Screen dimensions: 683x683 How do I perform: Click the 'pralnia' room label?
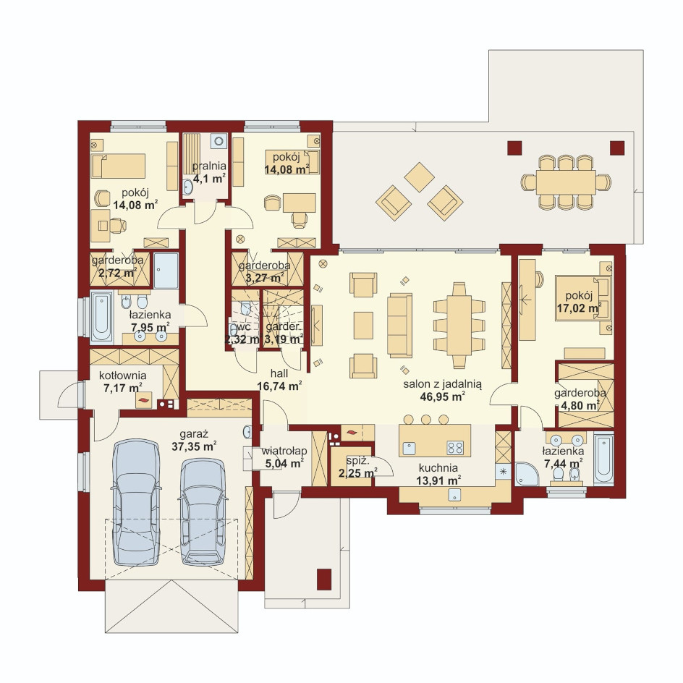[x=209, y=166]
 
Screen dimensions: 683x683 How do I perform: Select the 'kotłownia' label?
[x=122, y=376]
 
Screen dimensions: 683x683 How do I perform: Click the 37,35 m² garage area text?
[x=195, y=446]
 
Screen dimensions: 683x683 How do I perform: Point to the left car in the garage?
[x=135, y=502]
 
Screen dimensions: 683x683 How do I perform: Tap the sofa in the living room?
[x=399, y=325]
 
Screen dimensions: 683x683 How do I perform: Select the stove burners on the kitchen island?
[x=455, y=447]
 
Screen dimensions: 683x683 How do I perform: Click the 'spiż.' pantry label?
[x=357, y=460]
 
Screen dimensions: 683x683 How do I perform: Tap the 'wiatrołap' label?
[x=284, y=451]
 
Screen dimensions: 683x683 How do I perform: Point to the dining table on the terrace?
[x=566, y=182]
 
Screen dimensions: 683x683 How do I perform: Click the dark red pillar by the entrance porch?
[x=323, y=580]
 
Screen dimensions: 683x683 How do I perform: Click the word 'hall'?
[x=279, y=374]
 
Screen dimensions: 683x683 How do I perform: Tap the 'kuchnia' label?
[x=438, y=468]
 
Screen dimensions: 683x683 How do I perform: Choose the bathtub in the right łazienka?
[x=603, y=458]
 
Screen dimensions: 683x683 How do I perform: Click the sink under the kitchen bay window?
[x=455, y=495]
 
